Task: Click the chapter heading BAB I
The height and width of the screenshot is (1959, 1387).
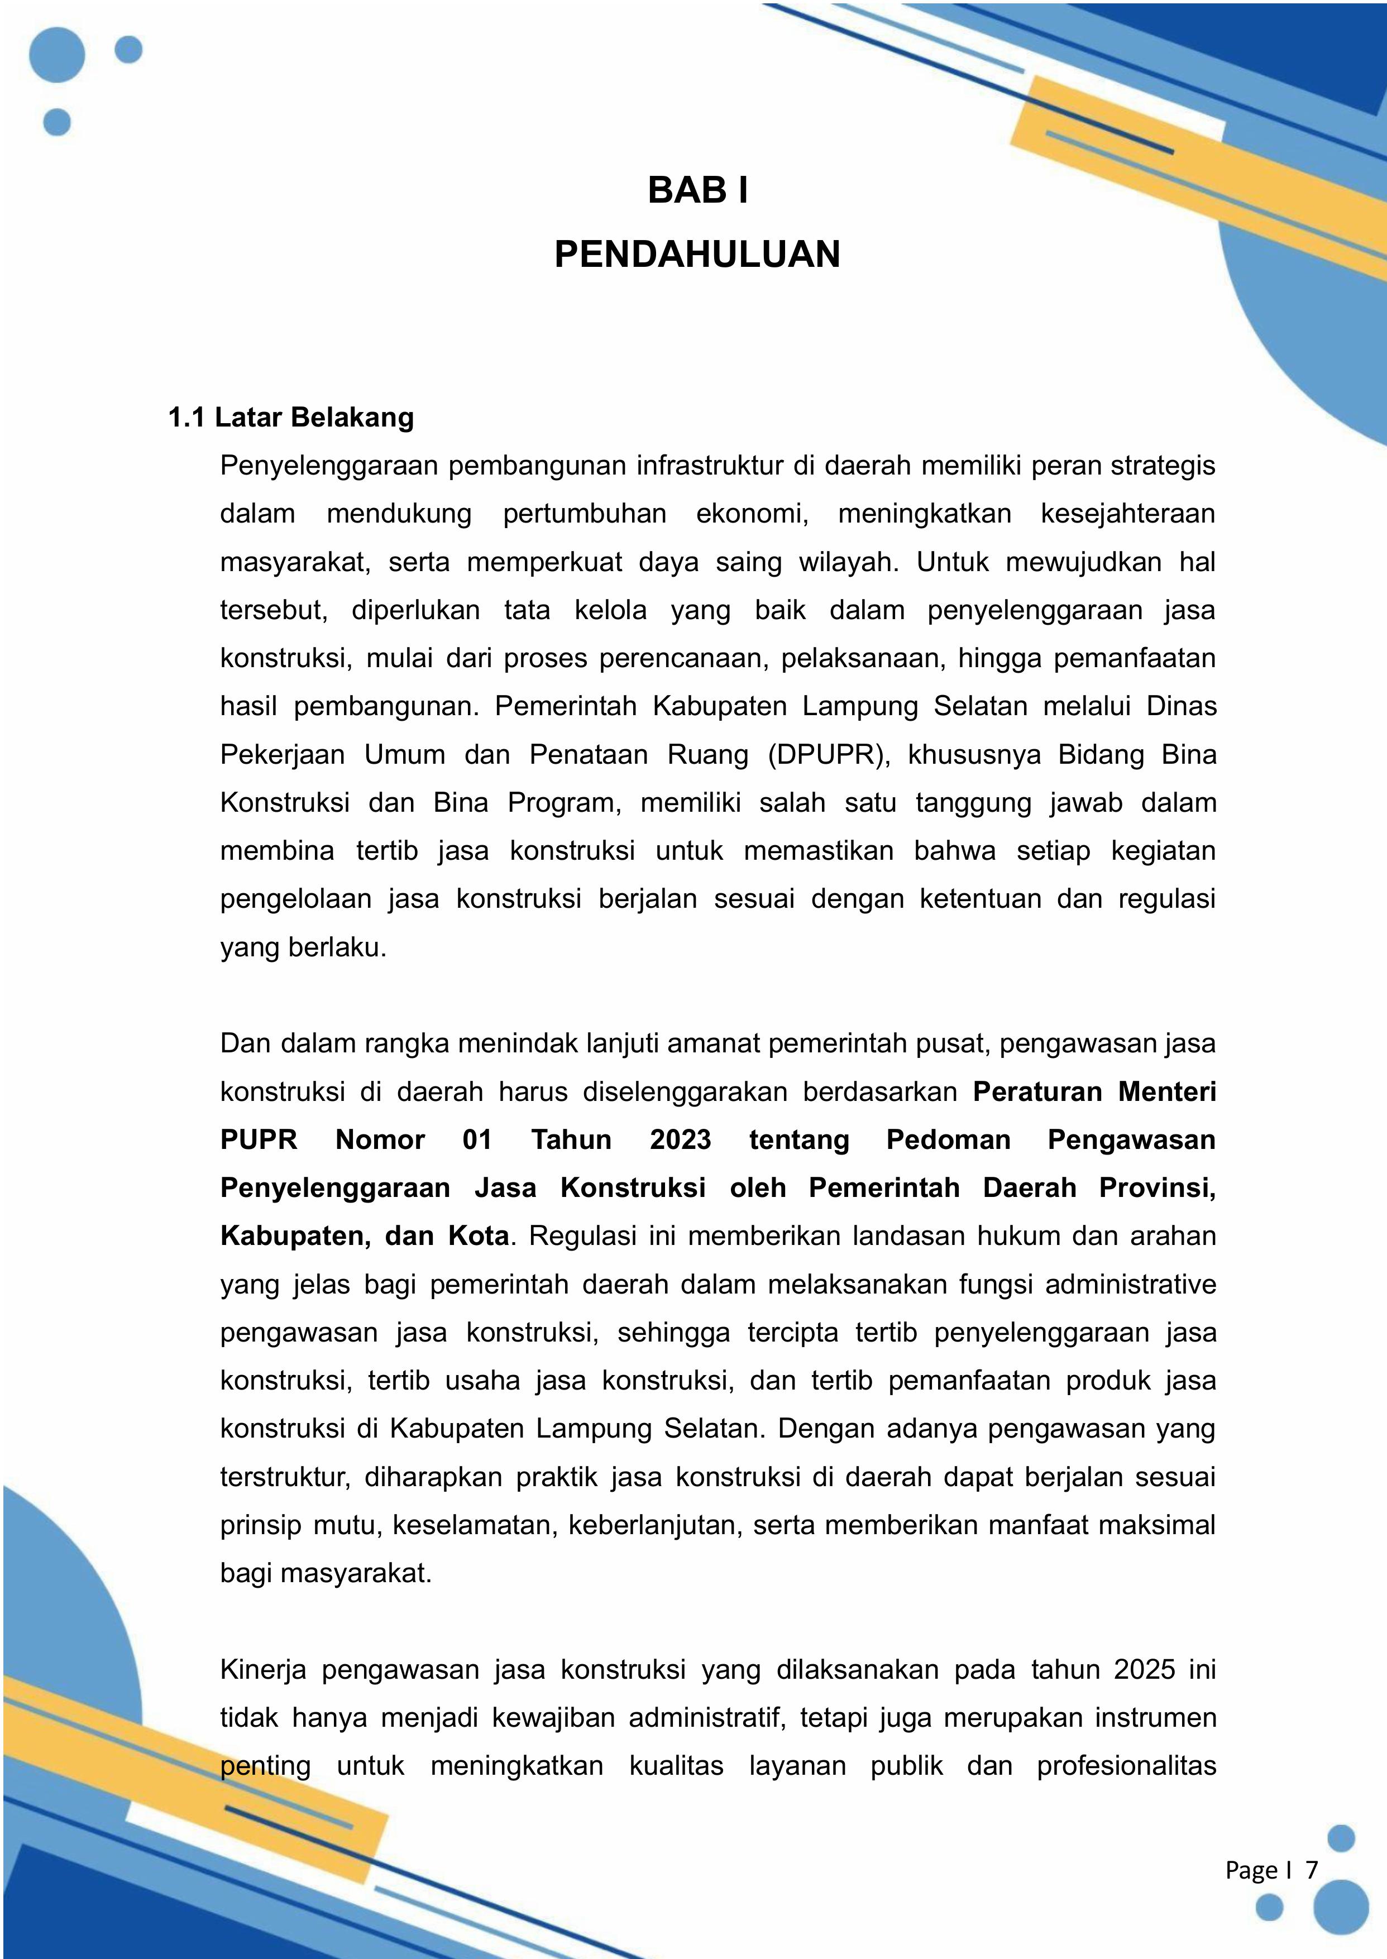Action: click(698, 190)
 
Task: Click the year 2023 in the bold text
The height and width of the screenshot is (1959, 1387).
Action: click(680, 1140)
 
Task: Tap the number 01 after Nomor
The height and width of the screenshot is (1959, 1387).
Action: click(477, 1140)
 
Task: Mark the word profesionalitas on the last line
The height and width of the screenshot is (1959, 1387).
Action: click(1126, 1766)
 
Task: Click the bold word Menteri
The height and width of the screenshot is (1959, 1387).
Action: click(1168, 1091)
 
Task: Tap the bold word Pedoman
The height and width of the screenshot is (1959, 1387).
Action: click(948, 1140)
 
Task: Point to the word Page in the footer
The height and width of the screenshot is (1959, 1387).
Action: click(1251, 1870)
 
